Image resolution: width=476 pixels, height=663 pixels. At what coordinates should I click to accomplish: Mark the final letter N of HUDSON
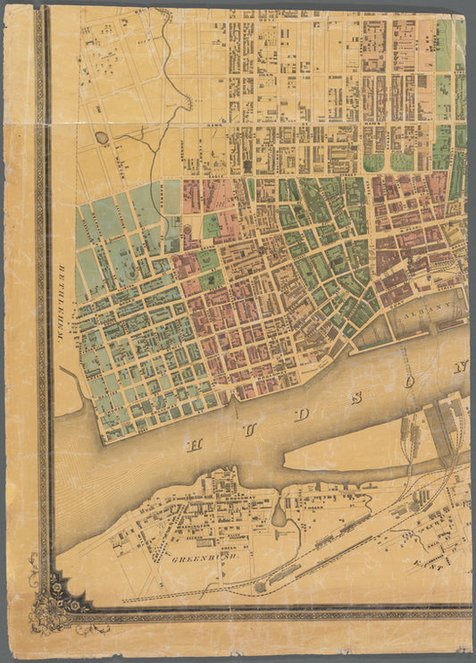pos(463,365)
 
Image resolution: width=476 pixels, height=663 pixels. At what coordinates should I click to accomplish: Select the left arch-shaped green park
pos(374,163)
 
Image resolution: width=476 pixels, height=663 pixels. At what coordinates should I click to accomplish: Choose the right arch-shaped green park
pos(402,162)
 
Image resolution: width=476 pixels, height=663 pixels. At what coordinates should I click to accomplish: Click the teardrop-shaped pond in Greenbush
pos(279,515)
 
